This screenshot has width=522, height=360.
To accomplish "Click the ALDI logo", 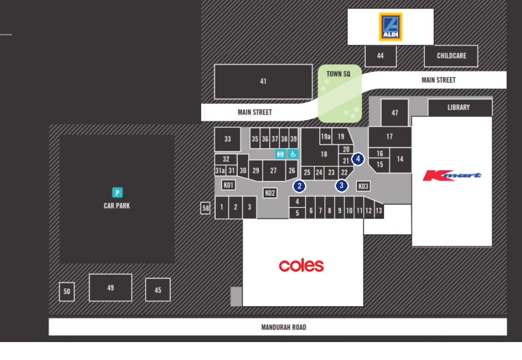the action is [390, 27].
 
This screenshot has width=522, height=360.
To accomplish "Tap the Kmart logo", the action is [452, 175].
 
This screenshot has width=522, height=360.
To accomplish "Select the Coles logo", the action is [301, 265].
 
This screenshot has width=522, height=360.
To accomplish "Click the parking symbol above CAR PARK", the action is [117, 193].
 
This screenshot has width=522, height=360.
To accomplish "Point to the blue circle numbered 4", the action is [358, 159].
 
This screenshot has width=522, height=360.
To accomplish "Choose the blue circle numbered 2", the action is [299, 186].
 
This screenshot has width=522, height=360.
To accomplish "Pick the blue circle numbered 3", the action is [341, 185].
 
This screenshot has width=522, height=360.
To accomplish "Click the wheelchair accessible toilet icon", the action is [293, 154].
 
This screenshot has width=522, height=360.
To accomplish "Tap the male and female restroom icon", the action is [281, 154].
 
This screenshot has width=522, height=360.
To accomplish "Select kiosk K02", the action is [270, 193].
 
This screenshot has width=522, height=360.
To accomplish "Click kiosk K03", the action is [363, 186].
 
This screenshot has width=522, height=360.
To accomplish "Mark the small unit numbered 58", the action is [206, 208].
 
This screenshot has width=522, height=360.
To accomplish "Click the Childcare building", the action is [451, 56].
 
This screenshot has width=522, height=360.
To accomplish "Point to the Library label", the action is [458, 107].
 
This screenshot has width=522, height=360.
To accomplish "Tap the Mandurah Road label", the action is [284, 327].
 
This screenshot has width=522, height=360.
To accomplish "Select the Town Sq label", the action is [338, 74].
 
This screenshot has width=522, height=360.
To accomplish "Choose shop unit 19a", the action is [326, 136].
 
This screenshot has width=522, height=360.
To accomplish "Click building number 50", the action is [66, 291].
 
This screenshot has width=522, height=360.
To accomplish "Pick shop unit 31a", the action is [220, 171].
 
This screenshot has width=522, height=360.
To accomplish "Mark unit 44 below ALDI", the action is [381, 56].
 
